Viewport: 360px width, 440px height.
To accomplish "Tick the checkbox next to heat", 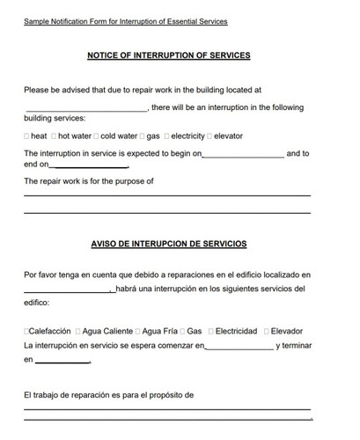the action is click(26, 136).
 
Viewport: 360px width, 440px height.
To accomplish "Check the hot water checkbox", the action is click(55, 136).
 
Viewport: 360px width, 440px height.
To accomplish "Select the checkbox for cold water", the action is click(97, 136).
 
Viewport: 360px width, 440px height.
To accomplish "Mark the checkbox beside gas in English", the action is click(143, 136).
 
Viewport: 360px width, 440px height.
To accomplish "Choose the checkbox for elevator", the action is click(210, 136).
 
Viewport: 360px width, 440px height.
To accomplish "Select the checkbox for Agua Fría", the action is click(138, 331).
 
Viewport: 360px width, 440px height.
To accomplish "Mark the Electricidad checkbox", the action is click(211, 331).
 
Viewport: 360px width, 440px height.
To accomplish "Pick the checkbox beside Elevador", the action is click(266, 331).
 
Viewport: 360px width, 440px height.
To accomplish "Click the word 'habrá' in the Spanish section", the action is click(127, 289).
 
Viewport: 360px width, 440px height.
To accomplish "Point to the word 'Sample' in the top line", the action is click(38, 20).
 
